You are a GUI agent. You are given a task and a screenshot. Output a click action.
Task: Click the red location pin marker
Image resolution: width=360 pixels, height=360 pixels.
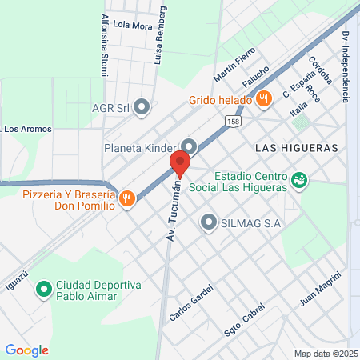click(x=179, y=164)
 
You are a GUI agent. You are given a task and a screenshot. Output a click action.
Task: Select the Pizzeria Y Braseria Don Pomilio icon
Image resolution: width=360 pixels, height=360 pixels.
click(x=126, y=199)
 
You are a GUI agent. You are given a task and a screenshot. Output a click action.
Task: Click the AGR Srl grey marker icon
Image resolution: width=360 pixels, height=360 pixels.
click(x=142, y=106)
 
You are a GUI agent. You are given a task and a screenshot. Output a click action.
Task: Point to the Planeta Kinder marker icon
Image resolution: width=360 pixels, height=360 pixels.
click(x=189, y=146)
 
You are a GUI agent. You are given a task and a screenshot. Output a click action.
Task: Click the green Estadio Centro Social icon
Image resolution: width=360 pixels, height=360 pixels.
click(x=299, y=181)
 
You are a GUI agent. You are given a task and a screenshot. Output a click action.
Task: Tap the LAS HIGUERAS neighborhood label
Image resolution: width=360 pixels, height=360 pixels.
click(x=296, y=148)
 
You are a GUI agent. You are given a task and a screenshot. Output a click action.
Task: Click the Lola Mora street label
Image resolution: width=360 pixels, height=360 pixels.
click(x=132, y=25)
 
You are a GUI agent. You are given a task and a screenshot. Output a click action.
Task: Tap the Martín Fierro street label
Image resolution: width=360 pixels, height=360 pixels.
click(x=234, y=65)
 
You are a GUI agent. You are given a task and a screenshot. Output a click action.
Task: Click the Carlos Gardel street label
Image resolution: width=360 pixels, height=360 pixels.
click(x=192, y=303)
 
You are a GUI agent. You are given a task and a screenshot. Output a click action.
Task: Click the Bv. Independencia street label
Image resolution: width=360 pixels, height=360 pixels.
click(x=346, y=66)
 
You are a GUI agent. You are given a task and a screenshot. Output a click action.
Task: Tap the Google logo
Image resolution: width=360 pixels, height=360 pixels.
click(x=26, y=350)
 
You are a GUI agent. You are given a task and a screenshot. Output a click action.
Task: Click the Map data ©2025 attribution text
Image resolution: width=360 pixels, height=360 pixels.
click(x=326, y=354)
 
